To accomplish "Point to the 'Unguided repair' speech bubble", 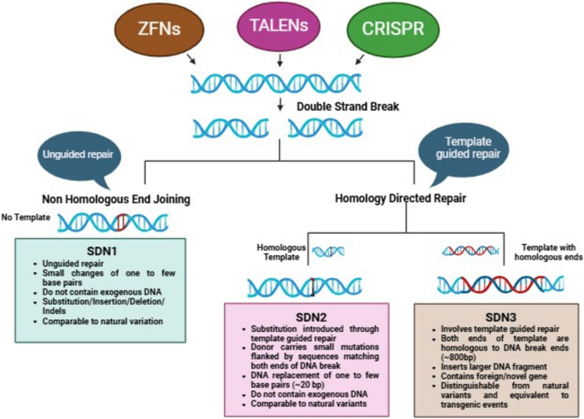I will point(78,154).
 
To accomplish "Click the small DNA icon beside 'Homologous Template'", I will point(328,251).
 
